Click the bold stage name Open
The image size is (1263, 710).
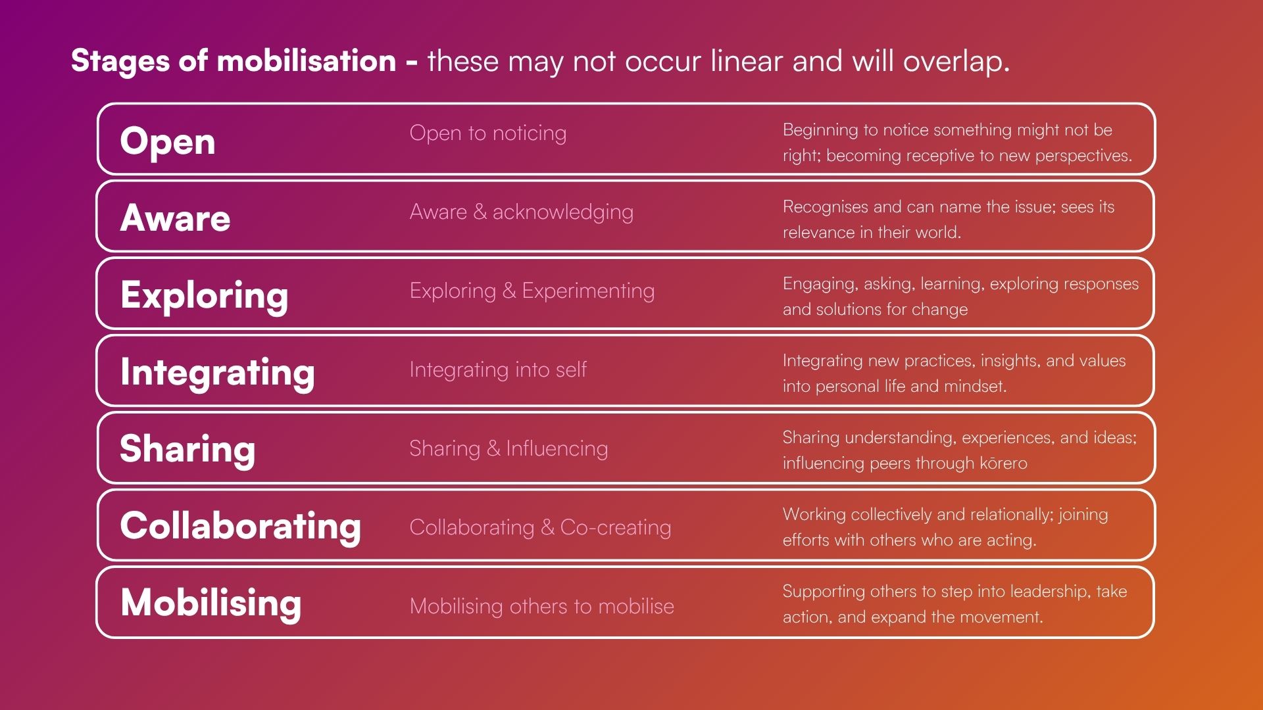pos(168,142)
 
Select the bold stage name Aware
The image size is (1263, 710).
pos(176,218)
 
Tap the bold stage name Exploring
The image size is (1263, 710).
pos(205,295)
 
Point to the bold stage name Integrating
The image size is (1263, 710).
pos(218,372)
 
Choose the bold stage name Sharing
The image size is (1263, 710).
pos(187,449)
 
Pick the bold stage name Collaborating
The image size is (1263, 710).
pos(241,526)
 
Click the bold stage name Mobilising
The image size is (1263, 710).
pos(211,603)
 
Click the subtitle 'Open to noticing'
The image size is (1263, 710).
pos(488,133)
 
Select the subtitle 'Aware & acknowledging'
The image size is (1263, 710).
pos(522,212)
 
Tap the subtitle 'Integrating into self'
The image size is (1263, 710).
pos(498,370)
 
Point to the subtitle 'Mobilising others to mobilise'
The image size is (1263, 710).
pos(542,606)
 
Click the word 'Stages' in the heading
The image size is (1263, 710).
pos(120,61)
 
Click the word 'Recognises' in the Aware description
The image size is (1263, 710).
pos(825,207)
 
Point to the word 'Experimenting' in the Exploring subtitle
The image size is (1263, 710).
pos(588,291)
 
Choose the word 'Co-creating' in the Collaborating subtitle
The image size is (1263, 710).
pos(616,527)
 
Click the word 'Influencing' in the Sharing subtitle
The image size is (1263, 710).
pos(557,449)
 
